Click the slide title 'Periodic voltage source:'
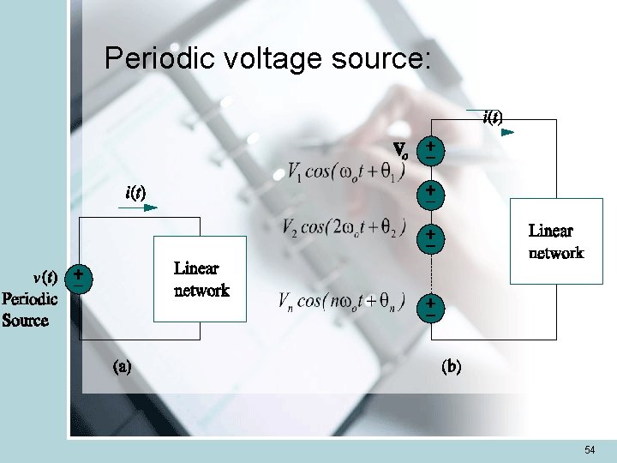[x=268, y=58]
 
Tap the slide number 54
[x=590, y=450]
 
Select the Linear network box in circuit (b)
[x=556, y=241]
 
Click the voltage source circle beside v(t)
[x=78, y=277]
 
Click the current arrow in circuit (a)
[x=149, y=207]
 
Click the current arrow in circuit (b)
[x=506, y=133]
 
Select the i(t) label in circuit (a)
[x=135, y=193]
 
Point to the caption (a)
[x=123, y=367]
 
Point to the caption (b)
[x=451, y=367]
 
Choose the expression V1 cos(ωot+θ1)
[x=346, y=171]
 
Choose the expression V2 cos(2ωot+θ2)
[x=344, y=227]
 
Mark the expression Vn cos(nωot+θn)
[x=342, y=301]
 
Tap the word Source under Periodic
[x=26, y=321]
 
